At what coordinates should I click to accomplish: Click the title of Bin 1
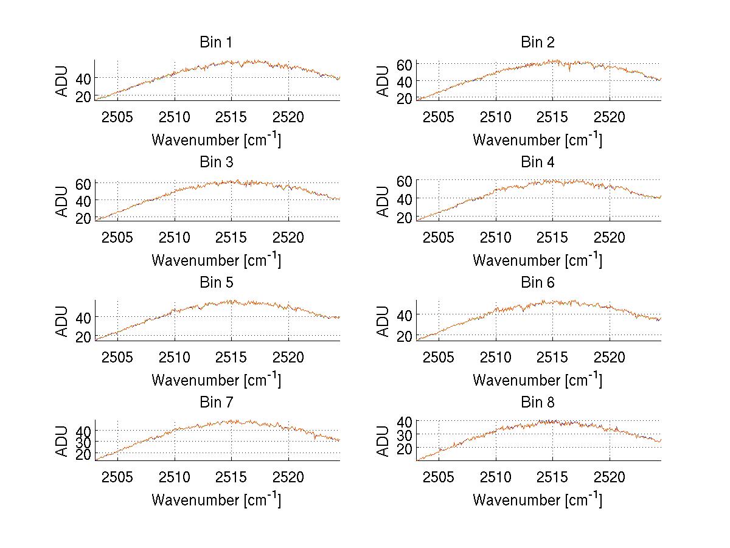(216, 43)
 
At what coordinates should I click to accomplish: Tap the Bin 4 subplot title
(537, 162)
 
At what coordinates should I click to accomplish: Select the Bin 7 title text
(216, 403)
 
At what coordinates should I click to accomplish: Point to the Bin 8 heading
(537, 403)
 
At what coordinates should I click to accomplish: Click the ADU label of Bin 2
(383, 81)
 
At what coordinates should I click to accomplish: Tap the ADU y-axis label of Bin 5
(62, 321)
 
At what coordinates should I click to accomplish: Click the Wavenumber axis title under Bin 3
(216, 260)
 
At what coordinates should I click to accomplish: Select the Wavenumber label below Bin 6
(537, 380)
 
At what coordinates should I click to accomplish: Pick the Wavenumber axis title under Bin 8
(537, 499)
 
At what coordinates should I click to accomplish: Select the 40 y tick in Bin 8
(405, 421)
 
